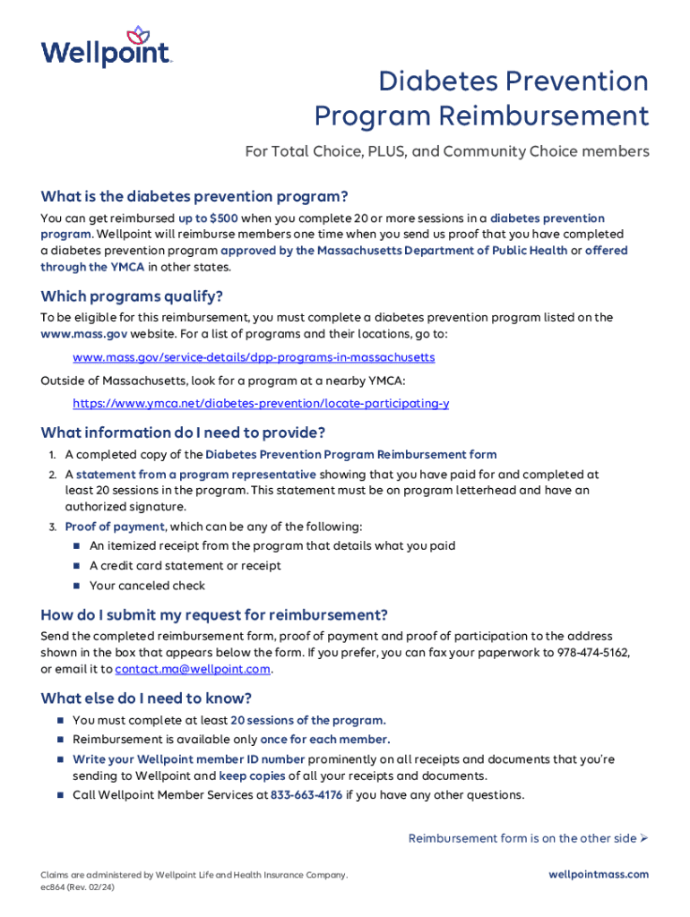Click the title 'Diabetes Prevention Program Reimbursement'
coord(481,99)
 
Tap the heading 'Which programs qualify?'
coord(132,296)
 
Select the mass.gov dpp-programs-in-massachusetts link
coord(254,357)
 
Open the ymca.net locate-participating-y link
coord(261,404)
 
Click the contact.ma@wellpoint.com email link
coord(193,669)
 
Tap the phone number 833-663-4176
coord(306,795)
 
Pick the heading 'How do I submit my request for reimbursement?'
coord(214,615)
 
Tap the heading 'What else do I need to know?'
coord(146,698)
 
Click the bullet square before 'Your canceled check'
coord(77,586)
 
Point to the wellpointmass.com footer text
coord(599,875)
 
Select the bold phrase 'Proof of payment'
coord(115,527)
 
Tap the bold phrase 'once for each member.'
coord(325,740)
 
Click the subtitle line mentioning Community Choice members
coord(447,152)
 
